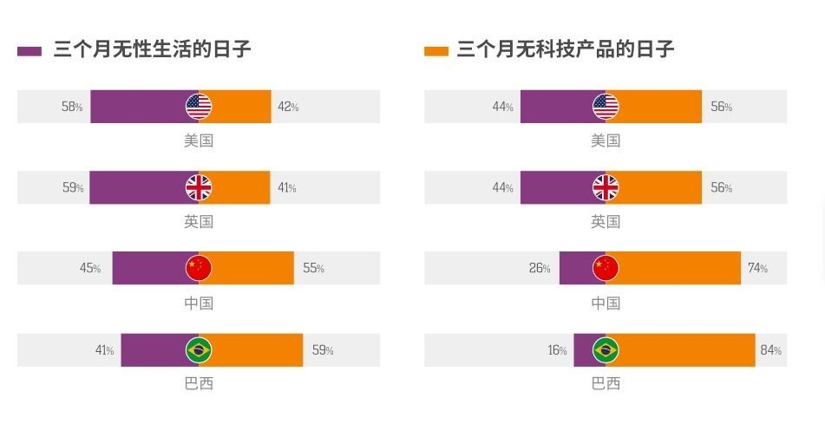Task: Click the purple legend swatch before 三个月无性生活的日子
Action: point(29,51)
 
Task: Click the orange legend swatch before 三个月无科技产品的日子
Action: point(435,51)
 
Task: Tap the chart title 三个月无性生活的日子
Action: point(153,49)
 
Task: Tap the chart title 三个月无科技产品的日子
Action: point(565,49)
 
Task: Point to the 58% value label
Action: point(72,107)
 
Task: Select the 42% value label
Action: point(288,107)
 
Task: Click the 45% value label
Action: point(90,269)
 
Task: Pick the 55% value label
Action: point(313,269)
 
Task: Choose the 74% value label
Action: point(757,269)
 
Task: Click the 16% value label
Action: point(557,350)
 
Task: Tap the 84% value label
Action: point(771,350)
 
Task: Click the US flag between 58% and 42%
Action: point(199,107)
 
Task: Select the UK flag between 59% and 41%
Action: point(199,187)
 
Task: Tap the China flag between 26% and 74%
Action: point(606,269)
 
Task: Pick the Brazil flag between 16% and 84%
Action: point(606,350)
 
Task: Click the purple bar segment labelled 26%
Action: point(575,269)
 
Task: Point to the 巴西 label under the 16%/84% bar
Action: point(606,383)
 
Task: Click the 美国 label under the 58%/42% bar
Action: point(199,140)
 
